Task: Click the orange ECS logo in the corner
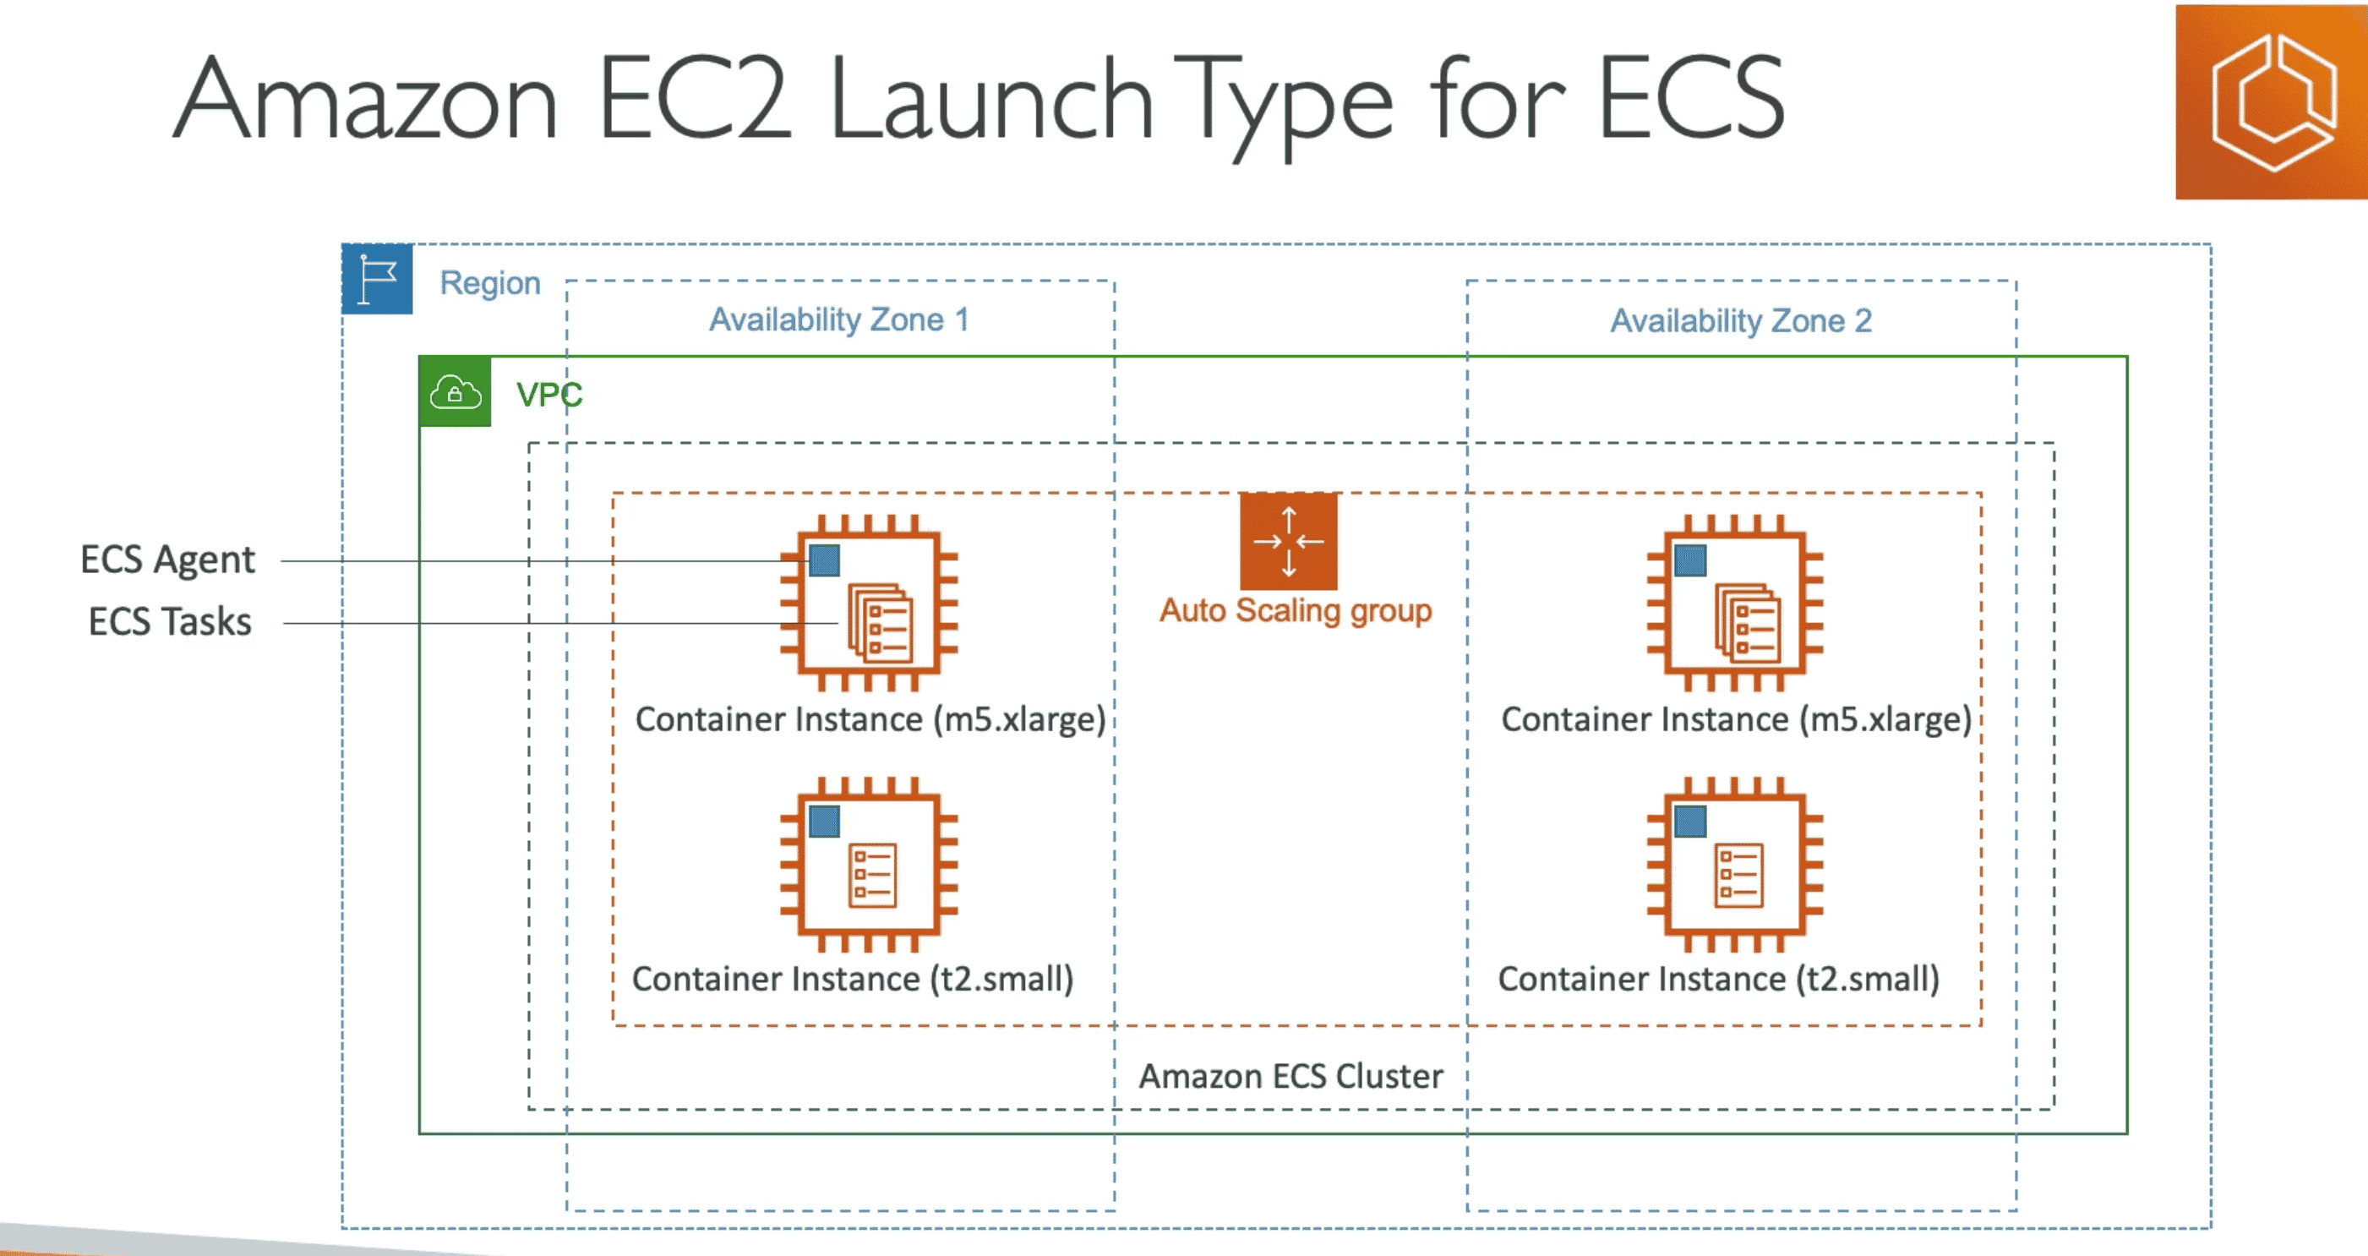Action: tap(2271, 101)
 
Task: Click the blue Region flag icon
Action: tap(377, 279)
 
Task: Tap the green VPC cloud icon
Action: tap(455, 391)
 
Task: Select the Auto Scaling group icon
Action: tap(1288, 542)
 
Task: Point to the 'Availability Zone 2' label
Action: tap(1740, 321)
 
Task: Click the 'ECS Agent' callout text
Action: tap(167, 559)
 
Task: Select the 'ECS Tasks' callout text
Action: tap(170, 621)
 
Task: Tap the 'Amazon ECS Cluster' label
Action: tap(1290, 1076)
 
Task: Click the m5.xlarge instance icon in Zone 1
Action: tap(869, 603)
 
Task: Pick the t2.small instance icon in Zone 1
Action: tap(869, 865)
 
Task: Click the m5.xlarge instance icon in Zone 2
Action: tap(1735, 603)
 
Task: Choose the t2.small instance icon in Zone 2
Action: tap(1735, 865)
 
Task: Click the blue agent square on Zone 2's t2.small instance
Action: tap(1689, 821)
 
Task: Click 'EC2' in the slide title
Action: tap(694, 99)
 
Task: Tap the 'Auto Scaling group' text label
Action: tap(1296, 610)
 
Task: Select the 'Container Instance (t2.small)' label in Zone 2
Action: tap(1718, 978)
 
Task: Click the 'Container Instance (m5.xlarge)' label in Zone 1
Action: tap(870, 719)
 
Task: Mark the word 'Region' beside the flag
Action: tap(490, 282)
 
